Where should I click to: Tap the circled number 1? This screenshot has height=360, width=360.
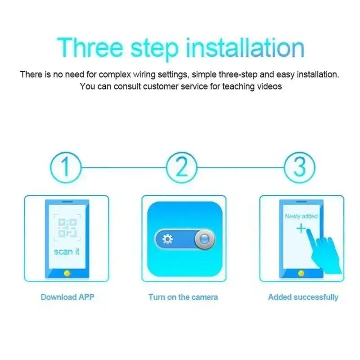coord(66,167)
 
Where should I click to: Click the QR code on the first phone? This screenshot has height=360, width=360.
coord(67,228)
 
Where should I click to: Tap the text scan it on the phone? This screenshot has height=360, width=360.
coord(67,251)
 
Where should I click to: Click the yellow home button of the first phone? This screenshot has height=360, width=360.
coord(67,273)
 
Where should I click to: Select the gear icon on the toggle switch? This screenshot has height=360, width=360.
coord(167,239)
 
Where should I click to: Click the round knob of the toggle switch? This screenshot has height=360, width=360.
coord(204,239)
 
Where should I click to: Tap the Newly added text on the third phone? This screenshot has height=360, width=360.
coord(301,216)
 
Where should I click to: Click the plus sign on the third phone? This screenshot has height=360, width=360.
coord(301,229)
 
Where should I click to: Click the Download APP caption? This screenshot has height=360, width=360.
coord(67,297)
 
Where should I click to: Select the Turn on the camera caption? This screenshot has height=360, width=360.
coord(183,297)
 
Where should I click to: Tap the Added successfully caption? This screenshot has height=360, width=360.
coord(303,297)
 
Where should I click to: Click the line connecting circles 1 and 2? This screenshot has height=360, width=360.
coord(124,167)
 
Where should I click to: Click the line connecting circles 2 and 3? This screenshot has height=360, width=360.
coord(241,167)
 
